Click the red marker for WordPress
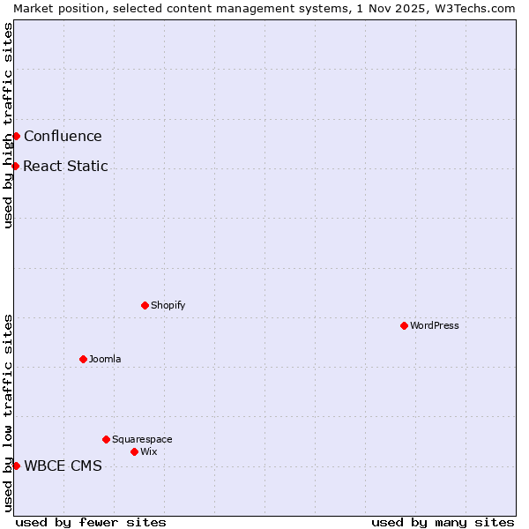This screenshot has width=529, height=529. coord(404,325)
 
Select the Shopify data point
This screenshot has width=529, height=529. coord(145,305)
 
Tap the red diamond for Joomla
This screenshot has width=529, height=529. coord(83,359)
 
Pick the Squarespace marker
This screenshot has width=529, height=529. coord(106,439)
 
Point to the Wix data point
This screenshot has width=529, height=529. coord(134,451)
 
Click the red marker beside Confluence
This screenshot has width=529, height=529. coord(16,136)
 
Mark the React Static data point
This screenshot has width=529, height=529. coord(15,166)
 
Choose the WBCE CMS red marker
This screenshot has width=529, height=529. coord(16,466)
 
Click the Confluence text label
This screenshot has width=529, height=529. coord(63,136)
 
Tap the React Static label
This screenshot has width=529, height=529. coord(65,166)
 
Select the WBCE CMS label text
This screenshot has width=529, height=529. coord(63,466)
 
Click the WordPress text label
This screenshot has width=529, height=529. coord(435,325)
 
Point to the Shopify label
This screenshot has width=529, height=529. coord(168,305)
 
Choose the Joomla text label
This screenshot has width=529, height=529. coord(105,359)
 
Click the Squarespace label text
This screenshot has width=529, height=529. coord(142,439)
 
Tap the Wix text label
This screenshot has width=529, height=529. coord(149,451)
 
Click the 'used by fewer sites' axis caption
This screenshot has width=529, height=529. coord(91,522)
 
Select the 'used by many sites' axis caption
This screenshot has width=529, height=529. coord(443,522)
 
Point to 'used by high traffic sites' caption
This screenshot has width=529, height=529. coord(8,125)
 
